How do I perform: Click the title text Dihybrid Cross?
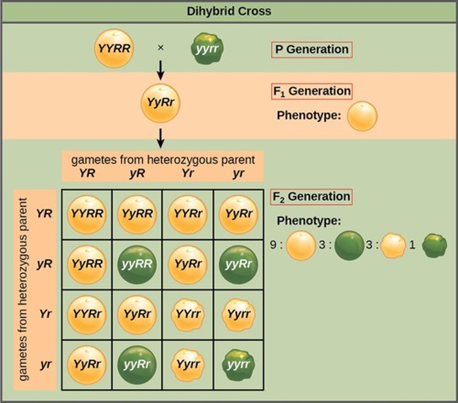point(229,11)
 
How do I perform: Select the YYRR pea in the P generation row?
point(114,48)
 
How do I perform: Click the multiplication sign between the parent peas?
point(161,48)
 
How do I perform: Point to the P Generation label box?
point(311,50)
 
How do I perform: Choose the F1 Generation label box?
point(311,91)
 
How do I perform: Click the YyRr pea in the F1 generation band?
point(160,103)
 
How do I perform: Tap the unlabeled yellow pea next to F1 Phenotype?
point(362,116)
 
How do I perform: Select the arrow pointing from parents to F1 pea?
point(161,70)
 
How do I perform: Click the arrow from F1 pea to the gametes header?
point(161,138)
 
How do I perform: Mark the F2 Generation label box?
point(311,197)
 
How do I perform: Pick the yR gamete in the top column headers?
point(137,173)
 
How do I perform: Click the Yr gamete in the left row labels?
point(45,314)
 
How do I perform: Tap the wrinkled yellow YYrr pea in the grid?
point(188,314)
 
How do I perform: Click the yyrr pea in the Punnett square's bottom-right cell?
point(238,365)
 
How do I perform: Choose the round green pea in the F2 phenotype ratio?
point(349,245)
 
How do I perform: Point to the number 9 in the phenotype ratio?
point(273,245)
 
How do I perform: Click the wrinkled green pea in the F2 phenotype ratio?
point(434,245)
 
